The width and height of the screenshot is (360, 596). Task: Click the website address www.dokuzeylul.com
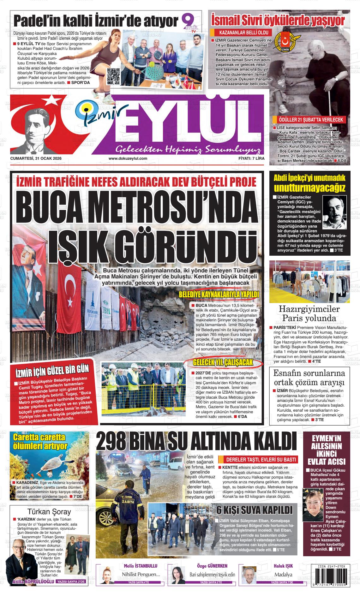[x=128, y=158]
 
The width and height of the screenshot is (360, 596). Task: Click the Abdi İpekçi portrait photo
[x=334, y=211]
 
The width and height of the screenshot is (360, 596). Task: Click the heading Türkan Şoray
[x=50, y=512]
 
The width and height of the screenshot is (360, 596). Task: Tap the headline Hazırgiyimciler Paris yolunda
[x=309, y=313]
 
